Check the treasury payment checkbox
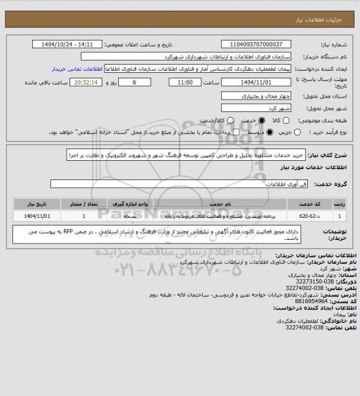point(236,131)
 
